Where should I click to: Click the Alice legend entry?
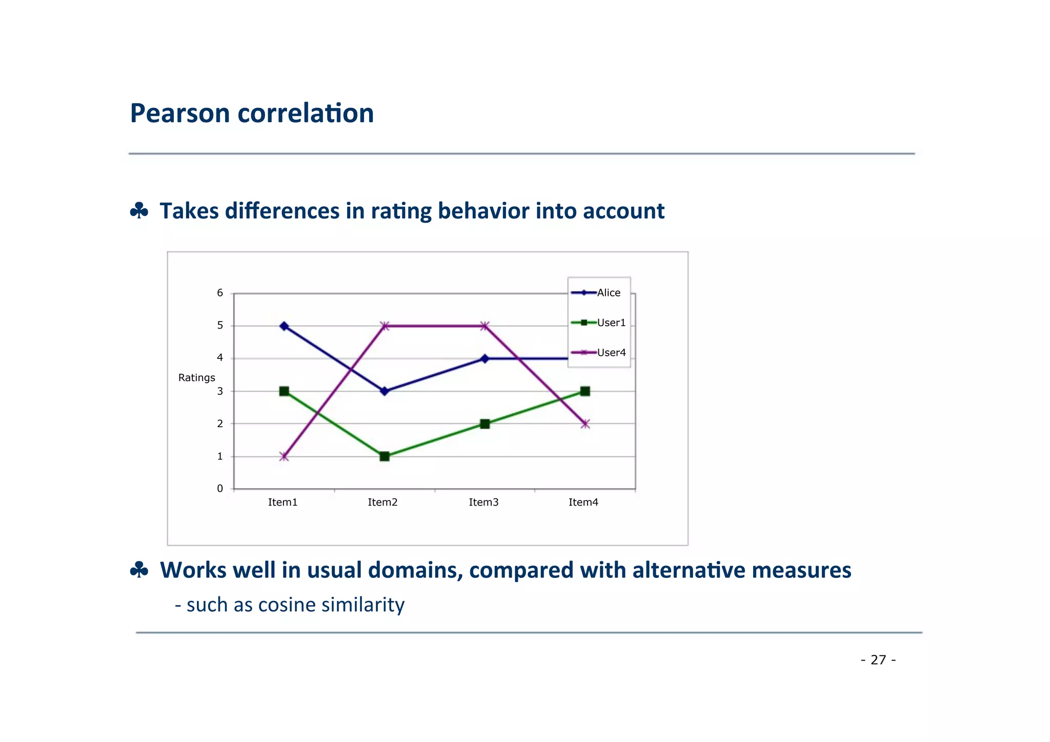(x=608, y=293)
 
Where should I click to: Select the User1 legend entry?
(x=611, y=323)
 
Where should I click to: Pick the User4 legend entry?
(x=611, y=352)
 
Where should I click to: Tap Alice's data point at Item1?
(x=284, y=326)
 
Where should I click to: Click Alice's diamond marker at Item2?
(x=385, y=391)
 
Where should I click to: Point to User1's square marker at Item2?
(x=385, y=456)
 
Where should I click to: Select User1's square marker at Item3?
(x=485, y=424)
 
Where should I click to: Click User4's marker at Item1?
(x=284, y=456)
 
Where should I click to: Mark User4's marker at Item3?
(x=485, y=326)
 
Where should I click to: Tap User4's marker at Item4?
(x=585, y=424)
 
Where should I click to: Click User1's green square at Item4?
(x=585, y=391)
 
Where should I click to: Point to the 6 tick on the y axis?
(x=220, y=293)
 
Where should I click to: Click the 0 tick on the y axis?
(x=220, y=489)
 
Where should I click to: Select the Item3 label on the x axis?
(x=483, y=503)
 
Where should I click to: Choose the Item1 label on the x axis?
(x=282, y=503)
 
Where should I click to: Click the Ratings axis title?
(x=196, y=378)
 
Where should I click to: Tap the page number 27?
(x=878, y=660)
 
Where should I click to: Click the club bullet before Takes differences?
(x=139, y=211)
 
